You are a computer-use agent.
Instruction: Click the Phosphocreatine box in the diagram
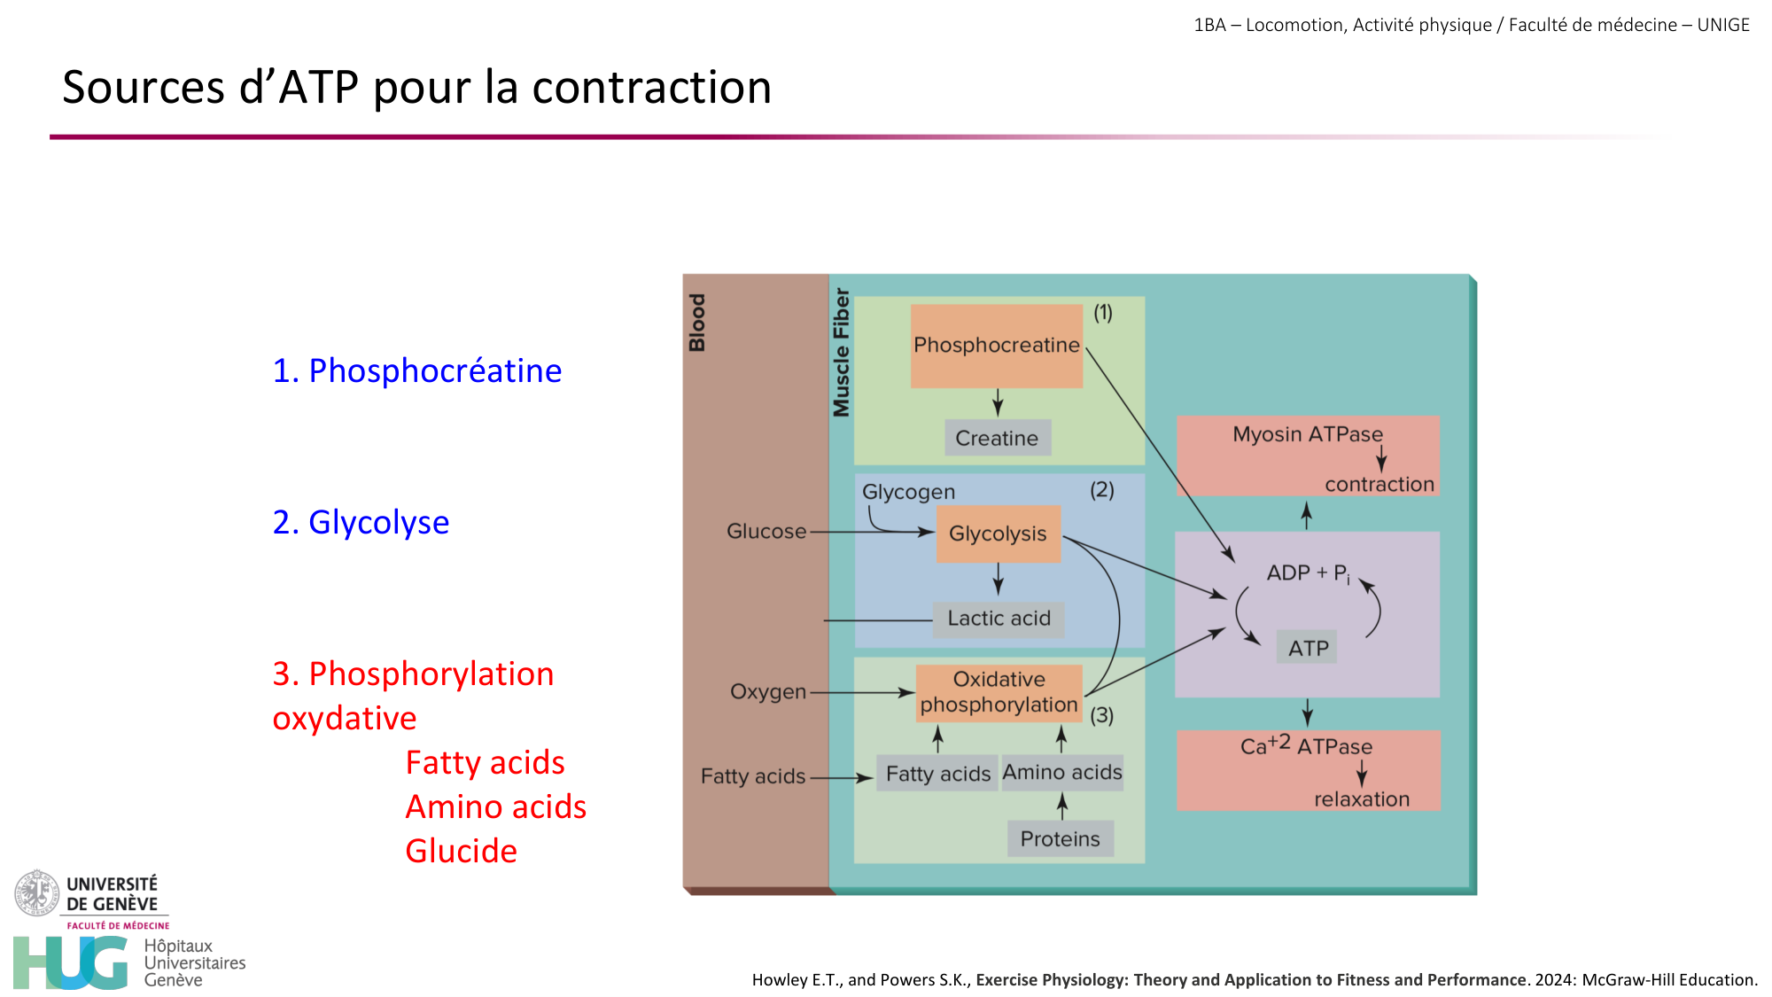[x=997, y=346]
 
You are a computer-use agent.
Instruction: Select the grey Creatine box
[x=997, y=438]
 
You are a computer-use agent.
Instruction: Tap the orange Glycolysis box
[x=998, y=534]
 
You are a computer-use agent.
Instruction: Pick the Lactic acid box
[x=999, y=619]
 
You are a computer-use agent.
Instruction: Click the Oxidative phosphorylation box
[x=999, y=692]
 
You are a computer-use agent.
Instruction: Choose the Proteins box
[x=1060, y=838]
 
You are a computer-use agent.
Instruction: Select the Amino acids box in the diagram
[x=1062, y=773]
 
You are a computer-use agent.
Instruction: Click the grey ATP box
[x=1308, y=648]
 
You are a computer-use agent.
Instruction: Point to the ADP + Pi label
[x=1308, y=573]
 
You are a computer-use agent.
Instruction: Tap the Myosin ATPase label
[x=1307, y=434]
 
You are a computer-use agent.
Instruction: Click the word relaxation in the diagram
[x=1361, y=799]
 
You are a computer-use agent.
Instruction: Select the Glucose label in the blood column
[x=766, y=532]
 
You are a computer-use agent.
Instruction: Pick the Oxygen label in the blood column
[x=767, y=692]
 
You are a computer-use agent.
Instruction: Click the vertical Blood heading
[x=697, y=323]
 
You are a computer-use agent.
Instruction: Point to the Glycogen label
[x=908, y=492]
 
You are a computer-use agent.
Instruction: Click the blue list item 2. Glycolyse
[x=361, y=522]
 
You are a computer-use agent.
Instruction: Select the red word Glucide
[x=461, y=851]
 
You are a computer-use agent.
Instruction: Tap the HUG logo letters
[x=71, y=962]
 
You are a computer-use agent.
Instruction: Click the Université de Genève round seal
[x=36, y=892]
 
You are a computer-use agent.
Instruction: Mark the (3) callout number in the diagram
[x=1101, y=715]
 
